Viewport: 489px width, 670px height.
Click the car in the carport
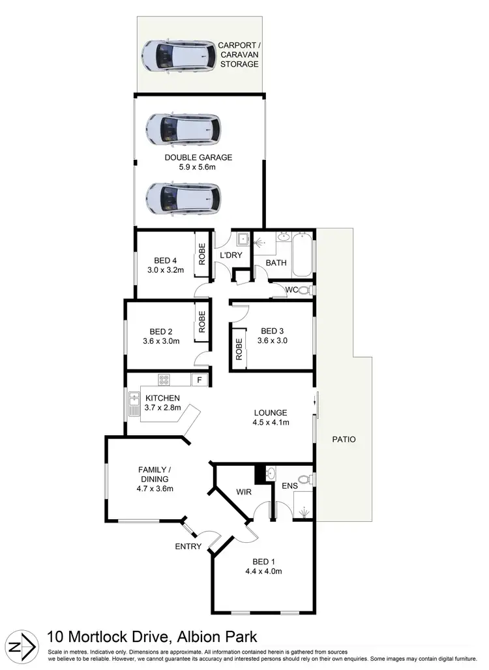(x=179, y=57)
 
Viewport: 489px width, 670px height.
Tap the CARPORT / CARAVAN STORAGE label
(x=239, y=55)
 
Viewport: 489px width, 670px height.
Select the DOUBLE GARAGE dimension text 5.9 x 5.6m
(x=198, y=167)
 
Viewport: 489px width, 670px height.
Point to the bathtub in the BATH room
(x=303, y=256)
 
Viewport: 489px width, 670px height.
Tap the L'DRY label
(x=231, y=255)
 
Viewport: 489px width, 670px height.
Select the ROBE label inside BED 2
(x=202, y=322)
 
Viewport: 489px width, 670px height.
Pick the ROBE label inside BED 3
(x=239, y=350)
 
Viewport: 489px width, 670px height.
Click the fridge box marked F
(x=198, y=380)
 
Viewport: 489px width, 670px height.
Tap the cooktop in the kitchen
(x=164, y=380)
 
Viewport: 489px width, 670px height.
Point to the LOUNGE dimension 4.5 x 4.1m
(x=271, y=423)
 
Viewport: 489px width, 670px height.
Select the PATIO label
(x=344, y=439)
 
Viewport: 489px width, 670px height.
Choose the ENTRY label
(x=188, y=547)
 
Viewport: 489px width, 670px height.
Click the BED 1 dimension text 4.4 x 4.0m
(x=263, y=572)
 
